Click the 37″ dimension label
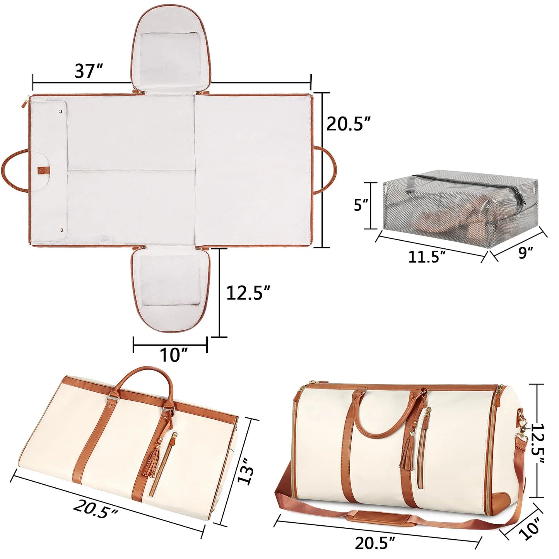coord(89,71)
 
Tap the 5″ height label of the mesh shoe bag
coord(361,205)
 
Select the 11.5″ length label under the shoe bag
coord(427,256)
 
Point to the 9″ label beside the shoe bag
coord(525,253)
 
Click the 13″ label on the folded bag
coord(246,470)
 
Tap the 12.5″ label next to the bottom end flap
coord(248,293)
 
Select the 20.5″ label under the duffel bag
coord(375,543)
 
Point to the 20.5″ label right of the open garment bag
coord(348,124)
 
